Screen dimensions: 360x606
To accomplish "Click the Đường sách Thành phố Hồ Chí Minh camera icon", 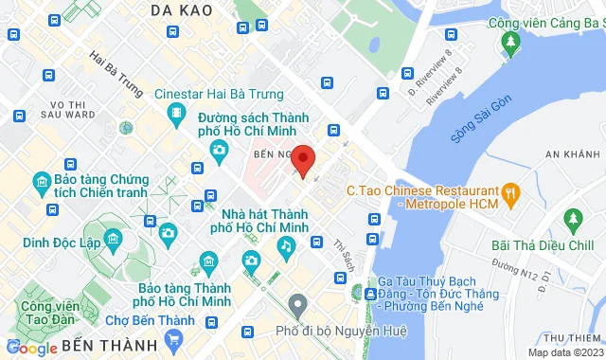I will [x=219, y=150].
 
